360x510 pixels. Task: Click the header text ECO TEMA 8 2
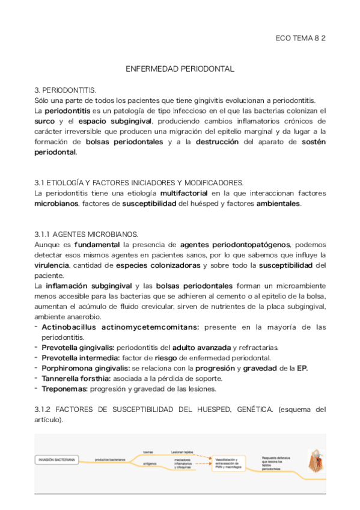tap(301, 38)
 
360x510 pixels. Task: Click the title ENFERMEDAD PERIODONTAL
tap(180, 69)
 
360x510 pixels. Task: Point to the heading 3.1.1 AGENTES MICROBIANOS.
tap(87, 234)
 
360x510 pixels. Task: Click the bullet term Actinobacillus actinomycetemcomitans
tap(120, 327)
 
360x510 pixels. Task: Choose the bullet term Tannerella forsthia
tap(76, 378)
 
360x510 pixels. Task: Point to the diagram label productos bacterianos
tap(110, 460)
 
